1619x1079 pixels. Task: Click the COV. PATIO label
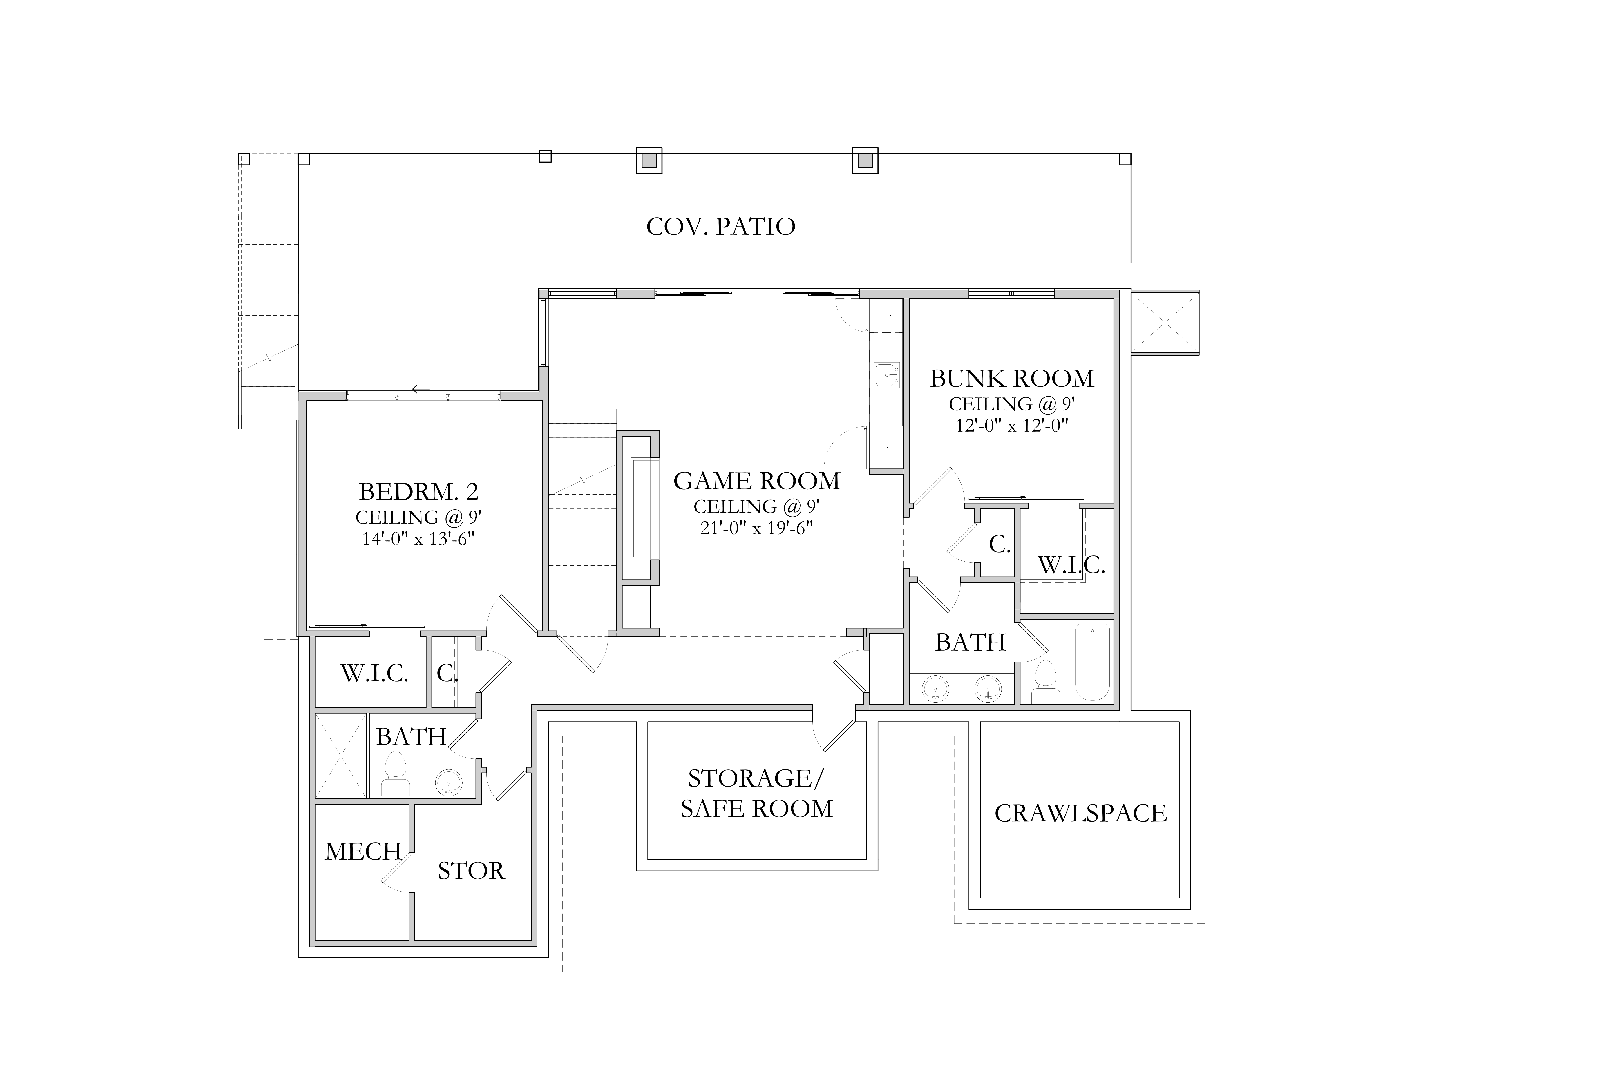click(721, 226)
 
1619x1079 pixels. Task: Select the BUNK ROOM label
click(1012, 379)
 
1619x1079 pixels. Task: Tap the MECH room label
click(363, 852)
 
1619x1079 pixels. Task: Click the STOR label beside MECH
click(471, 871)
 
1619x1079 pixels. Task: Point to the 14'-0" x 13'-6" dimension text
click(418, 538)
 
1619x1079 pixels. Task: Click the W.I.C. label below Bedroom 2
click(374, 673)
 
